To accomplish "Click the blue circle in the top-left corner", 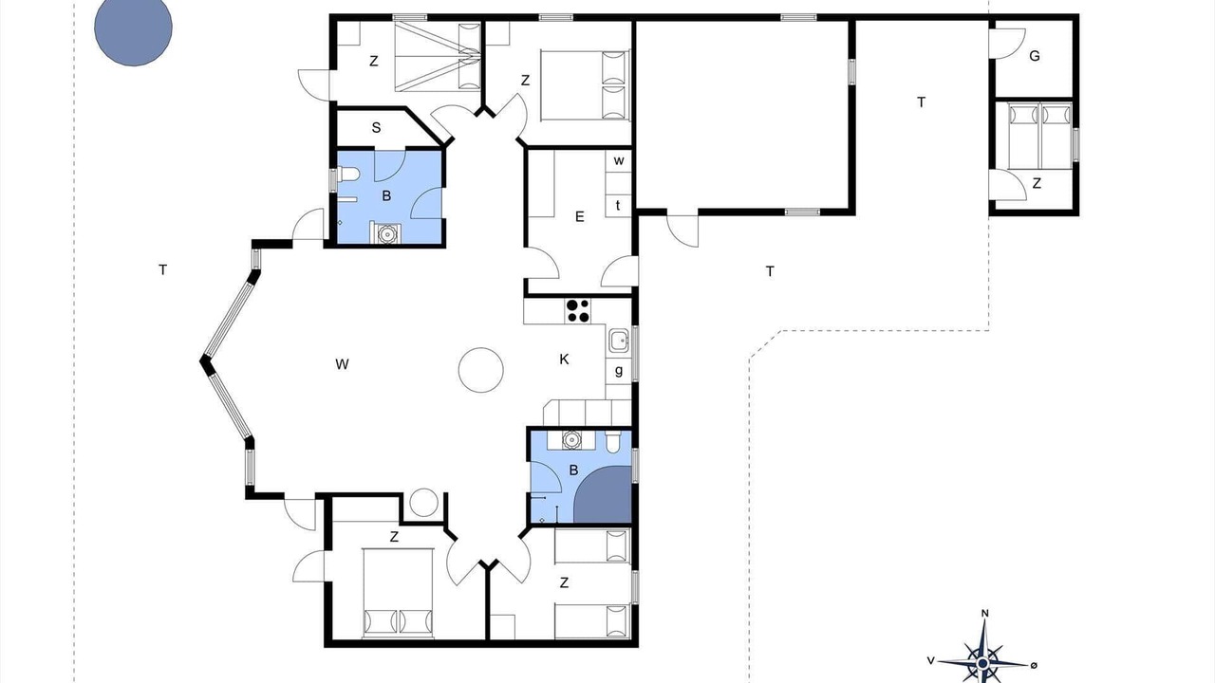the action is click(x=134, y=28).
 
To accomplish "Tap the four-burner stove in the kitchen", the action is click(x=578, y=311).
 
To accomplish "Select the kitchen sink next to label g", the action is click(x=618, y=341).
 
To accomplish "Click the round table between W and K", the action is click(x=480, y=370).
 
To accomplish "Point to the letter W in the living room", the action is click(x=342, y=364).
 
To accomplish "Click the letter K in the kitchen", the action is click(x=564, y=359).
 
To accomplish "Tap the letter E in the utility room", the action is click(x=579, y=217).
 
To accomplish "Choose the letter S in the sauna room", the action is click(x=376, y=128).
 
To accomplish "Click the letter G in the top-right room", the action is click(x=1035, y=56).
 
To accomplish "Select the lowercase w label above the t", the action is click(x=619, y=161).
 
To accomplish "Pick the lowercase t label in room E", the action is click(x=618, y=206).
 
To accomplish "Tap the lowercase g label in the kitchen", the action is click(x=618, y=371).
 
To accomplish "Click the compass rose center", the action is click(x=982, y=663).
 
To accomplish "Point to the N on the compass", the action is click(x=985, y=614).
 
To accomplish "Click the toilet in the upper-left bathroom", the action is click(x=348, y=174).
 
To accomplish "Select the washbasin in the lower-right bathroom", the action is click(x=571, y=439).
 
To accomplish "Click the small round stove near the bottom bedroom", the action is click(x=423, y=503).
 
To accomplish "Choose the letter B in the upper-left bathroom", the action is click(x=386, y=195).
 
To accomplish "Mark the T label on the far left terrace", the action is click(x=162, y=269).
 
